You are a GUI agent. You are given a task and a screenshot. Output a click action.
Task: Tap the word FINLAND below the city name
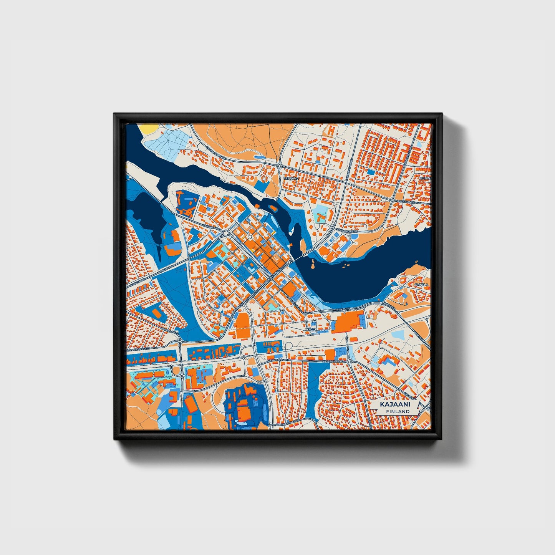[x=398, y=411]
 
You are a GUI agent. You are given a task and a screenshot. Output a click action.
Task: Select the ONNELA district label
[x=421, y=285]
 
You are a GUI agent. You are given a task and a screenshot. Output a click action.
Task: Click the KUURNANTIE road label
[x=406, y=202]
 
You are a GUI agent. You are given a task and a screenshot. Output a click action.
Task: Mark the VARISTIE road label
[x=419, y=336]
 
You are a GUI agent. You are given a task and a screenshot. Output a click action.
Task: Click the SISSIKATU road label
[x=166, y=267]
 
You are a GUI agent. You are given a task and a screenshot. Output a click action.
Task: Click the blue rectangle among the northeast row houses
[x=371, y=172]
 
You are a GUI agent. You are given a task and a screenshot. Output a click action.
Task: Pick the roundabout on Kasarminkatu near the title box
[x=349, y=362]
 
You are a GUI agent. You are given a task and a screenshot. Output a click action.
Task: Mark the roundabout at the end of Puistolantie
[x=180, y=341]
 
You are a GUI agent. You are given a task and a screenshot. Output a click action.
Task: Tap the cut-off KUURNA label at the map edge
[x=424, y=179]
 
